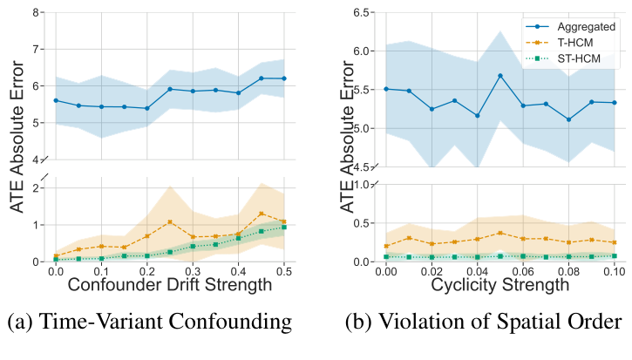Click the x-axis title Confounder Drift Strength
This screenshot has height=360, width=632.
170,286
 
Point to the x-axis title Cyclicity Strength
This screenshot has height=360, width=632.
500,286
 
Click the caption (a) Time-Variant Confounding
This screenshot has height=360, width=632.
149,323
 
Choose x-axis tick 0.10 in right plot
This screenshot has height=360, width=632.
615,272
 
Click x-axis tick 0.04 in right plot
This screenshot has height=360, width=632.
478,272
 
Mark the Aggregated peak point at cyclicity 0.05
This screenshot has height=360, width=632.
500,76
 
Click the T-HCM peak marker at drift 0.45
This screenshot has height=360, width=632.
262,214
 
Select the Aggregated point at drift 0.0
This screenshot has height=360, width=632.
56,100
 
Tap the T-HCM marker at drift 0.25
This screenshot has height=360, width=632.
170,222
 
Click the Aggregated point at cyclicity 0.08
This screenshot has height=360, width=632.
569,119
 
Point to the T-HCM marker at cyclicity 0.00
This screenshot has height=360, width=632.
386,246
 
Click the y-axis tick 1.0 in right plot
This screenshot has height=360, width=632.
358,185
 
